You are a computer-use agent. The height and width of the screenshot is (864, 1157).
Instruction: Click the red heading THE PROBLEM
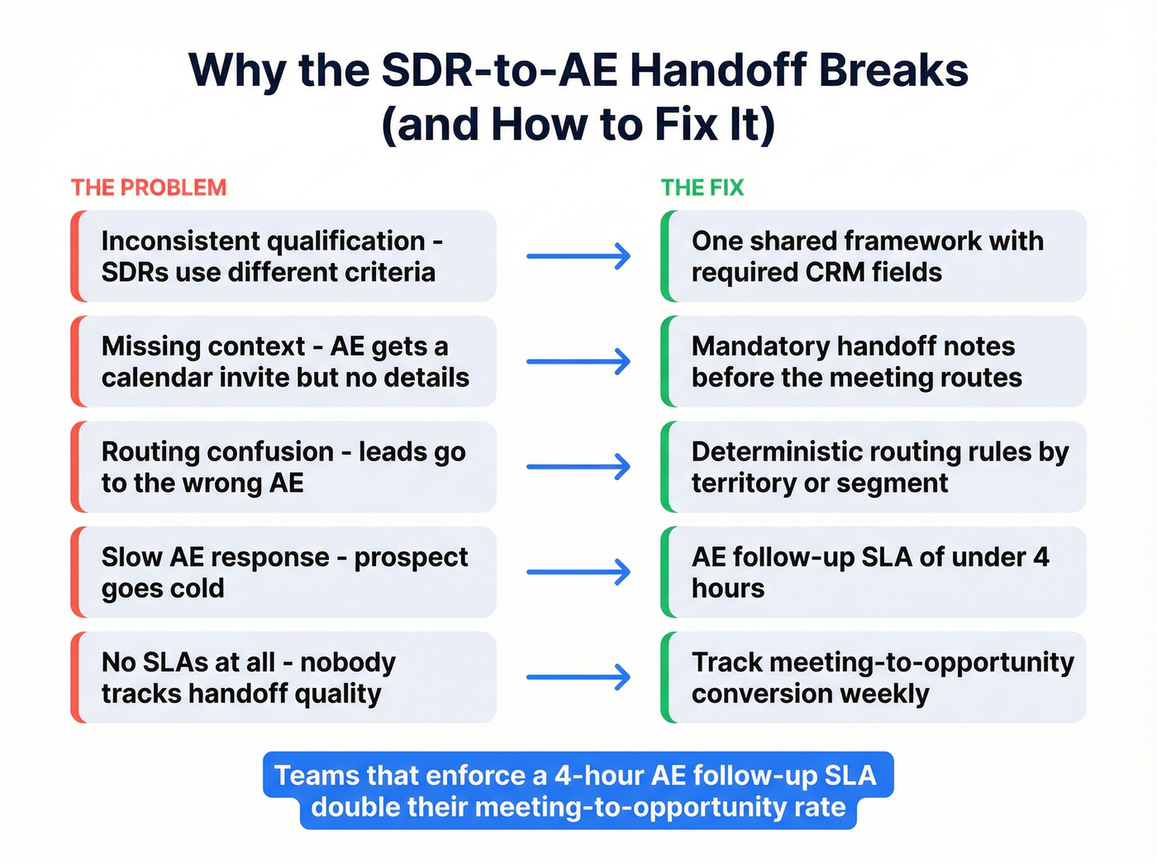[x=149, y=188]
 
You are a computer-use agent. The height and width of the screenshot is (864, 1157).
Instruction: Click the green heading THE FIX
[x=702, y=188]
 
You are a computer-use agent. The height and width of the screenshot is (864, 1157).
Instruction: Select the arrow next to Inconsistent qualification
[x=578, y=256]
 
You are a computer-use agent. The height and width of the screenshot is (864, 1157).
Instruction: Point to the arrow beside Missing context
[x=578, y=361]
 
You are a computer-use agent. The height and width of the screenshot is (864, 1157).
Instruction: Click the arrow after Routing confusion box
[x=578, y=467]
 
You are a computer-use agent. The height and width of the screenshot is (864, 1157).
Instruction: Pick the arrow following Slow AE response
[x=578, y=572]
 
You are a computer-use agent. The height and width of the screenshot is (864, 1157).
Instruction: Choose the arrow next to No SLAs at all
[x=578, y=678]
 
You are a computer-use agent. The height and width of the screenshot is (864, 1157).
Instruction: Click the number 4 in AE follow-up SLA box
[x=1041, y=556]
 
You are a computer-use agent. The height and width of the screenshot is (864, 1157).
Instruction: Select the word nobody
[x=348, y=662]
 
